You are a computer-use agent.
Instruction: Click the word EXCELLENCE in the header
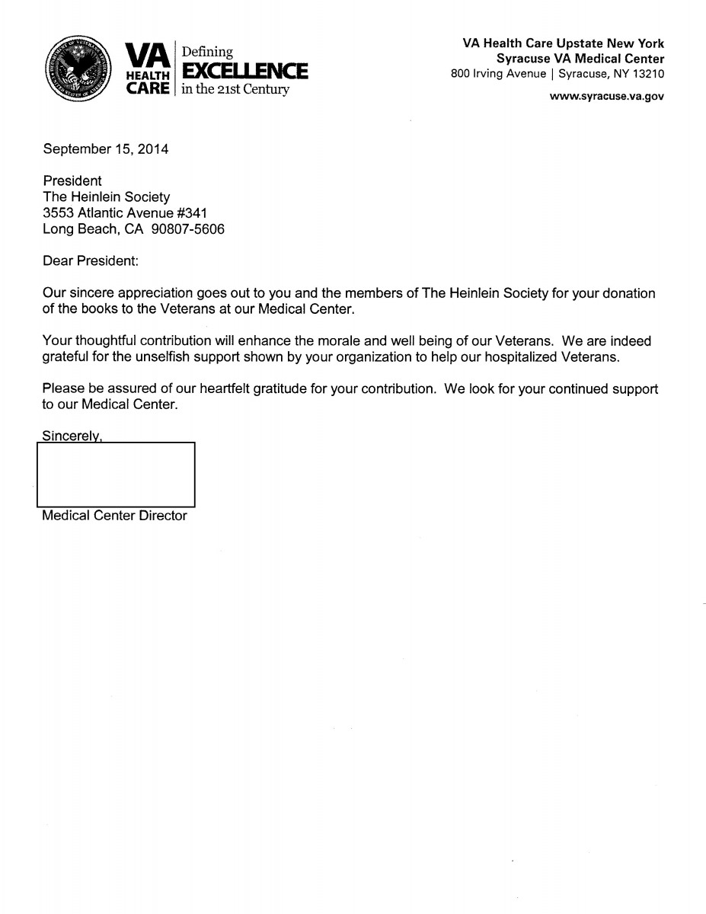tap(242, 72)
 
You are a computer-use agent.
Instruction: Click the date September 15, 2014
tap(105, 149)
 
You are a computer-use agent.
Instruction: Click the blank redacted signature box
tap(116, 475)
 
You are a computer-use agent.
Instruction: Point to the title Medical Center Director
tap(114, 516)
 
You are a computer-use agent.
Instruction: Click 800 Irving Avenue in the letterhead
tap(498, 74)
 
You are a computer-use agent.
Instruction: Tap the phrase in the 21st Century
tap(232, 91)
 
